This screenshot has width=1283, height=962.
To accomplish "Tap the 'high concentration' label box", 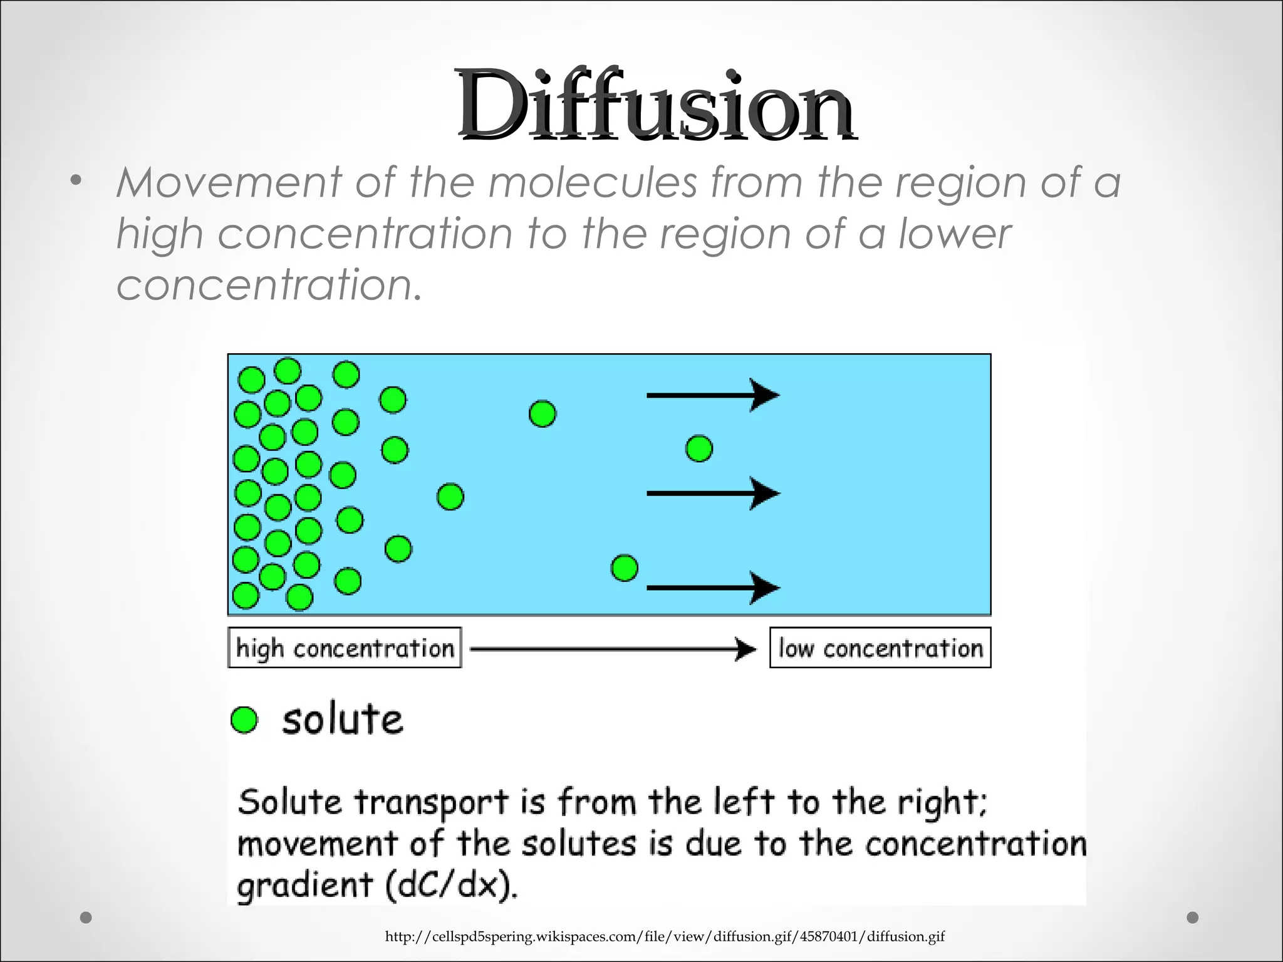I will pos(345,648).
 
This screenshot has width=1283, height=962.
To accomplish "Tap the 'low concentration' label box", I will pos(880,648).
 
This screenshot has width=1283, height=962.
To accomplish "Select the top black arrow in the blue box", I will pos(712,395).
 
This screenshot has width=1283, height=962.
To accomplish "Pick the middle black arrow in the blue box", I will pos(712,494).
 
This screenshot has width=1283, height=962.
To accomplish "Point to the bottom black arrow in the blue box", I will pos(712,587).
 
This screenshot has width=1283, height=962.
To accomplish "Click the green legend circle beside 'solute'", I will pos(244,720).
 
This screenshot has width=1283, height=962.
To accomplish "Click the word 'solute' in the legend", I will pos(342,720).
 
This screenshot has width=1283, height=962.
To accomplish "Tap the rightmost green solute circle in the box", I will pos(699,448).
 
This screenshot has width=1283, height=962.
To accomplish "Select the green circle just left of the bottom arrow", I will pos(624,568).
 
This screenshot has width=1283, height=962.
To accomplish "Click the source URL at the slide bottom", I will pos(665,936).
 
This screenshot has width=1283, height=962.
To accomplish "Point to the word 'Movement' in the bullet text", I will pos(229,183).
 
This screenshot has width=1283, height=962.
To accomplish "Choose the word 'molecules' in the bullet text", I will pos(593,183).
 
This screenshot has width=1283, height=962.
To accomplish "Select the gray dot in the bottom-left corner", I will pos(86,918).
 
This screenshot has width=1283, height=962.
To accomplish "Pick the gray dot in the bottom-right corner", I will pos(1193,918).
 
